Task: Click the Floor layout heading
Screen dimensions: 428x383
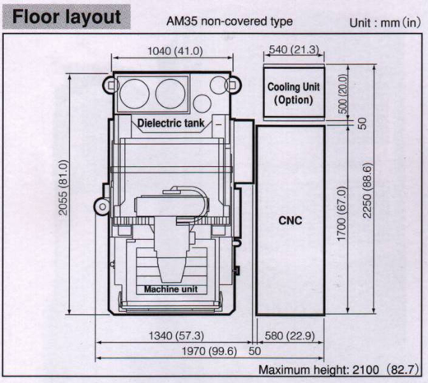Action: click(67, 16)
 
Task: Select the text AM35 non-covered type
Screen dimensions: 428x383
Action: click(230, 21)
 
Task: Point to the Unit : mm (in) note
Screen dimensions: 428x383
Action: click(385, 22)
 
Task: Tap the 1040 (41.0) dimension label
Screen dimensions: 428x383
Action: click(175, 51)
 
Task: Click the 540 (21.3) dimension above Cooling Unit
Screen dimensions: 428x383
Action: click(294, 49)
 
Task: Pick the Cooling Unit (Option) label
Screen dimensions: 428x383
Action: click(294, 94)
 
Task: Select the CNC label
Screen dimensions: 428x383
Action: click(291, 220)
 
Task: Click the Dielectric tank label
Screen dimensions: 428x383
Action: click(170, 123)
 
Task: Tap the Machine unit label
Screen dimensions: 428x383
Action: click(170, 289)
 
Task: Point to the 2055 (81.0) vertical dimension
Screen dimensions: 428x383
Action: click(63, 187)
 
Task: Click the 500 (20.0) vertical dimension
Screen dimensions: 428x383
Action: click(342, 94)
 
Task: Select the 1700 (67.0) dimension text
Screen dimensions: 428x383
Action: click(342, 214)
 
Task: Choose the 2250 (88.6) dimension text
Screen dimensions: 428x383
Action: click(367, 191)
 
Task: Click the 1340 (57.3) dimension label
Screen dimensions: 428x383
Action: click(176, 335)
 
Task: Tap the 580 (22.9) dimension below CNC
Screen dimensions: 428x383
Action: click(290, 335)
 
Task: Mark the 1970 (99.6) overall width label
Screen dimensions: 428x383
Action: click(209, 351)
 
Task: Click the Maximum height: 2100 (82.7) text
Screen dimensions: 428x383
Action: click(338, 370)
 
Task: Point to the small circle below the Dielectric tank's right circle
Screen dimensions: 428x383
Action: click(202, 104)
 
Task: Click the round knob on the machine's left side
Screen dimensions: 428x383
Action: click(102, 206)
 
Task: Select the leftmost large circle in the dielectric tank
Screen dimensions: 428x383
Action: click(135, 94)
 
